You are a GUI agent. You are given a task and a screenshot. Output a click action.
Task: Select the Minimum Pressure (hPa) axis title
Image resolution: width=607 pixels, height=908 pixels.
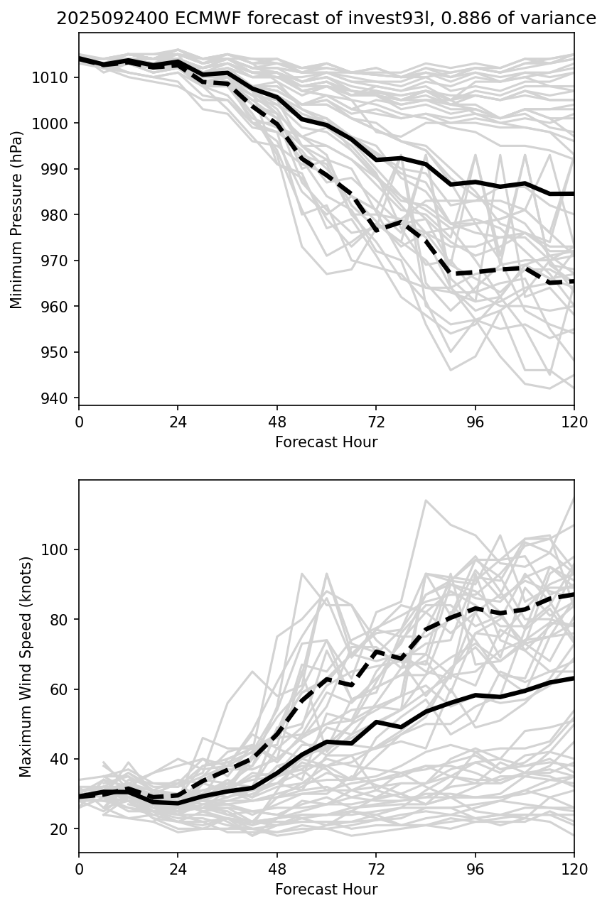[16, 219]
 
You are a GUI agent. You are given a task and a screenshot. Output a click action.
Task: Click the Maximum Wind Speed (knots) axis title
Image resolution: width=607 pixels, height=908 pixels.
[26, 666]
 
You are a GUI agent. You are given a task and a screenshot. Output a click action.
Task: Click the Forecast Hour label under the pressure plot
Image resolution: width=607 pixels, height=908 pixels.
[326, 442]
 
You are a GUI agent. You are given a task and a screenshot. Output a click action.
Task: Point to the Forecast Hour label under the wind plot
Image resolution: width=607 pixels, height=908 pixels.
[326, 890]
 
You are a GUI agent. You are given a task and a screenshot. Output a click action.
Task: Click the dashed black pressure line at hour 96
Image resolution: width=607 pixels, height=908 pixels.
[475, 273]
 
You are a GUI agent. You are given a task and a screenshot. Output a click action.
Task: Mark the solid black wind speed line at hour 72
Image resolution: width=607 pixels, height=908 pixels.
[376, 722]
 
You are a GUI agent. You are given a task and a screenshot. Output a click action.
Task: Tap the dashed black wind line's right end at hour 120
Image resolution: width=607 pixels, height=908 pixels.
[573, 594]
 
